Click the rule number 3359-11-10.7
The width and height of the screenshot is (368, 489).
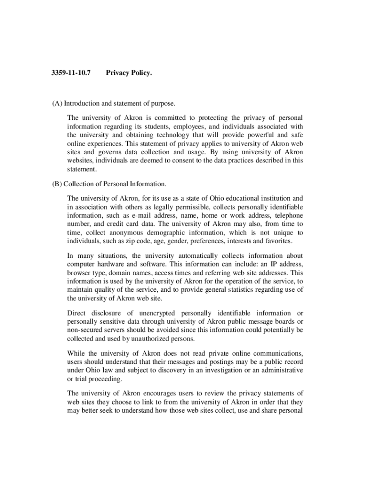(x=71, y=74)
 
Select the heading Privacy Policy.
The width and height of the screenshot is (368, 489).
(x=129, y=74)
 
